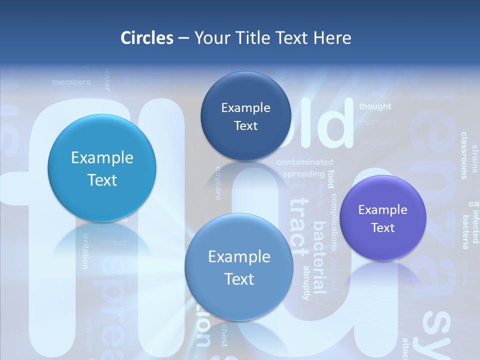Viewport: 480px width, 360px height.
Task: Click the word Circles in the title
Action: coord(147,38)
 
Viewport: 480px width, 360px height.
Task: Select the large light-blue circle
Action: coord(102,168)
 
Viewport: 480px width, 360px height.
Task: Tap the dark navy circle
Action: coord(245,116)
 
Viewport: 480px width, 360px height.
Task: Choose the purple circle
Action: coord(383,218)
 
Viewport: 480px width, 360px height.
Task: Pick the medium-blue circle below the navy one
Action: coord(239,267)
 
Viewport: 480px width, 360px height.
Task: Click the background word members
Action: coord(71,82)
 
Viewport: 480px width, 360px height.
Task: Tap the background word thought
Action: coord(375,106)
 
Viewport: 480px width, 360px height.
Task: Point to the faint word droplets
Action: coord(377,142)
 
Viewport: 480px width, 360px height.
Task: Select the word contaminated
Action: coord(304,162)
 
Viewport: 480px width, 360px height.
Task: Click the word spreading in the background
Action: coord(303,174)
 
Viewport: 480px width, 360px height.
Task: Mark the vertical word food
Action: coord(330,179)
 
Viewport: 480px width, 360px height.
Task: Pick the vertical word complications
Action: coord(333,222)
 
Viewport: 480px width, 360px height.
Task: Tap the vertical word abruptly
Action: coord(306,282)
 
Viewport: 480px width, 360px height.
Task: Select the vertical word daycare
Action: coord(218,183)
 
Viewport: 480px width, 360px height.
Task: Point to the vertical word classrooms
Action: coord(464,155)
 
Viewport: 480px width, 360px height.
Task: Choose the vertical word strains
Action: coord(474,159)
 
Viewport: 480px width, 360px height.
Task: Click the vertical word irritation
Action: coord(85,251)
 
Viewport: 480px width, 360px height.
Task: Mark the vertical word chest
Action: coord(223,335)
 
